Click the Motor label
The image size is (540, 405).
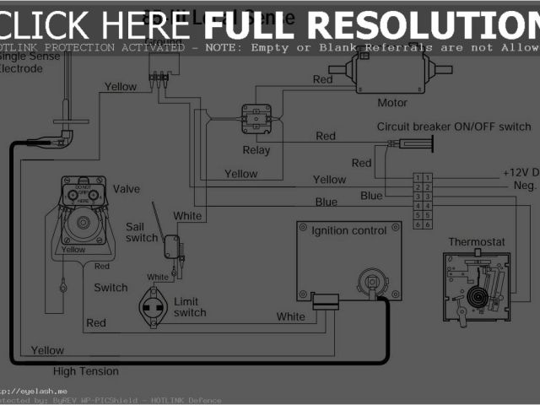coord(391,103)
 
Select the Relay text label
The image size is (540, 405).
coord(256,151)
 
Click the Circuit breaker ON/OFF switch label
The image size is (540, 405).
coord(453,127)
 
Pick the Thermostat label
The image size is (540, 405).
coord(475,241)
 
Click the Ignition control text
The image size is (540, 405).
coord(349,230)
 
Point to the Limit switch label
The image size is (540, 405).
coord(190,307)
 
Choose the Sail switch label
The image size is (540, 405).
coord(141,232)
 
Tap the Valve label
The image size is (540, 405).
coord(127,188)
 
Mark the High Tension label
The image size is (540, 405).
coord(86,371)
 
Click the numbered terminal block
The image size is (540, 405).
coord(423,201)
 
